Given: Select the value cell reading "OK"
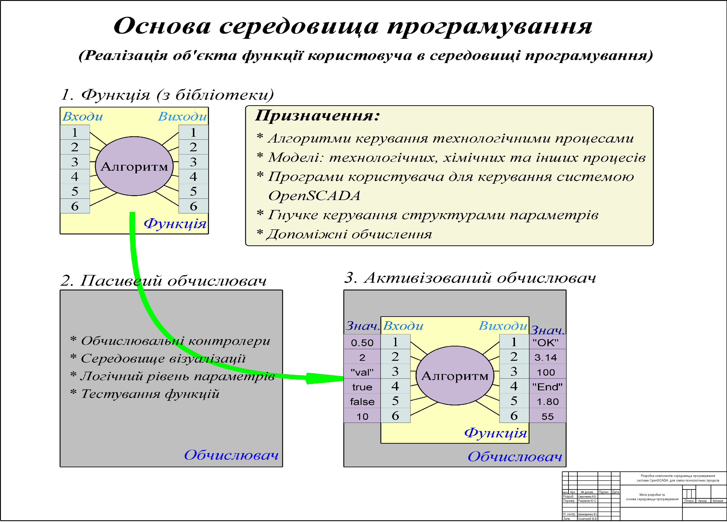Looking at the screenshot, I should (x=547, y=342).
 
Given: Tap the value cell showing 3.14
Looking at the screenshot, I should (x=547, y=357).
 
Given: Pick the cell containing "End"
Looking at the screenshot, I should (x=547, y=387).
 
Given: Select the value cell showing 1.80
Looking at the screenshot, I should (x=547, y=402).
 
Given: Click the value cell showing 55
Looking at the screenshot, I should (x=547, y=416).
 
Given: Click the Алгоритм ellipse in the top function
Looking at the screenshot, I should (x=134, y=166).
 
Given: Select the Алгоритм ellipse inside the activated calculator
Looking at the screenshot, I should (x=455, y=376).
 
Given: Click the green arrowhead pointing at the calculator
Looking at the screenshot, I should (x=324, y=378).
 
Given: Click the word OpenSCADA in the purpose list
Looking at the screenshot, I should (x=314, y=196).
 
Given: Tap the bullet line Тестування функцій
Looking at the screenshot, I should (x=150, y=394).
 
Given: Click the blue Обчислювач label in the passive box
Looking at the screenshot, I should (x=231, y=455).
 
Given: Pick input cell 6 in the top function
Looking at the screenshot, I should (x=75, y=206).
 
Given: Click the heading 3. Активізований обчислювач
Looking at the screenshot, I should (x=470, y=278).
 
